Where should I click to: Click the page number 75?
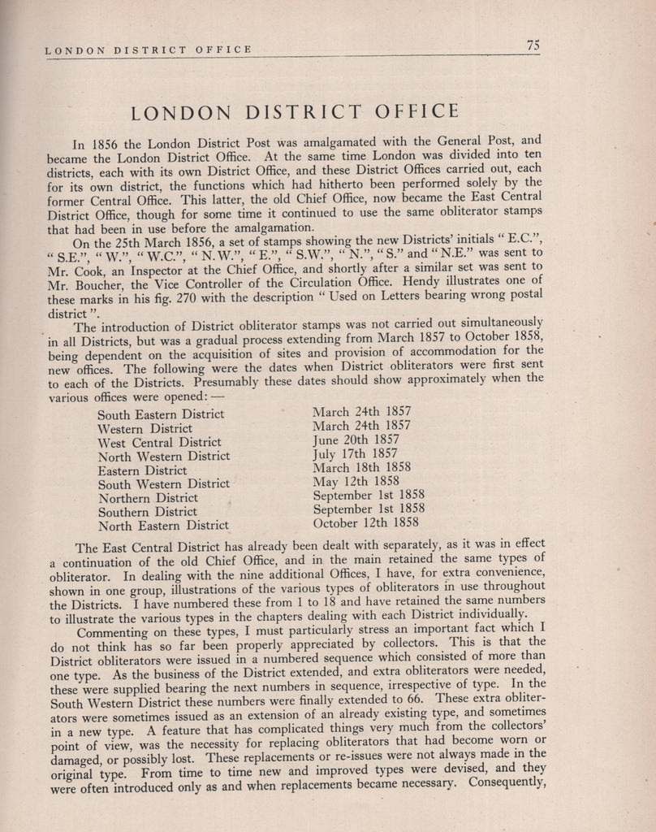point(533,45)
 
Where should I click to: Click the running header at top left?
point(148,50)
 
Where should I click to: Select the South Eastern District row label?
point(161,414)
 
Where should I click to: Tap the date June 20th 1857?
point(355,440)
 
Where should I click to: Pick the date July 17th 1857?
point(355,453)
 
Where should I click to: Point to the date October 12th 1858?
point(365,522)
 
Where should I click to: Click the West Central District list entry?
point(159,442)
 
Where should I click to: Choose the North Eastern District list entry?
point(163,525)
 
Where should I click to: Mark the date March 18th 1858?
point(361,467)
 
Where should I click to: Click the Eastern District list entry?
point(142,470)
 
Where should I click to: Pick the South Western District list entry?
point(163,483)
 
